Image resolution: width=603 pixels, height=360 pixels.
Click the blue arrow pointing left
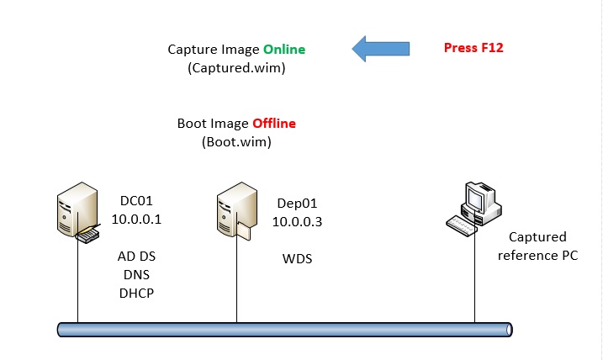[381, 48]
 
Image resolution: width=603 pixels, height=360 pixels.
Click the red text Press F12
[473, 47]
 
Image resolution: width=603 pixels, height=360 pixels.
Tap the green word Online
[283, 50]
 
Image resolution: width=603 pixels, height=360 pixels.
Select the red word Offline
[274, 124]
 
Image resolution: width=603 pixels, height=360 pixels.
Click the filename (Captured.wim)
[236, 68]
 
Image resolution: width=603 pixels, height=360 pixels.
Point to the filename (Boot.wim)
[236, 142]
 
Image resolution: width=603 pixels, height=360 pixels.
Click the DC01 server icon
[72, 214]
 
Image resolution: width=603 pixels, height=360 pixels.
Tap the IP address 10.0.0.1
[135, 219]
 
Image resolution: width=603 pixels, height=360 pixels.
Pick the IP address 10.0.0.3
[297, 221]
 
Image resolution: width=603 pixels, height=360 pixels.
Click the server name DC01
[135, 201]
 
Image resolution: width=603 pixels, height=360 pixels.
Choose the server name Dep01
[297, 204]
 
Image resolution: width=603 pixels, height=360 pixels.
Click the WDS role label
[297, 258]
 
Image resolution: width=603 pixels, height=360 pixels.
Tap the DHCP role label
[136, 293]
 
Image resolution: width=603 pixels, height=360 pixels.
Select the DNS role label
[136, 275]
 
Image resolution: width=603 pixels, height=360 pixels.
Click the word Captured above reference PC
[537, 237]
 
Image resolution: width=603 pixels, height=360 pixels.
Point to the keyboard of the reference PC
[465, 225]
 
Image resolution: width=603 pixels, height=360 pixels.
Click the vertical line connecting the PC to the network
[474, 278]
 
